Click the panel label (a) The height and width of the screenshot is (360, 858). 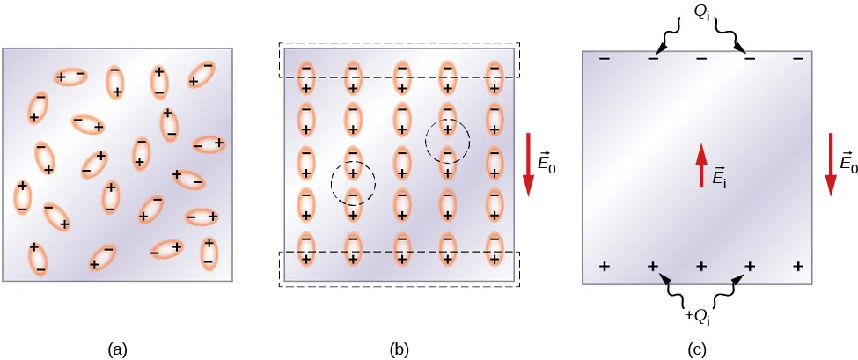coord(117,349)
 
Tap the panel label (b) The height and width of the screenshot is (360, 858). coord(400,349)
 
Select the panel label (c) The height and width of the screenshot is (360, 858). coord(698,349)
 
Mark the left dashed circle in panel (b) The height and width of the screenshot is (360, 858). coord(353,183)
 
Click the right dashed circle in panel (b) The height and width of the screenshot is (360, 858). coord(448,139)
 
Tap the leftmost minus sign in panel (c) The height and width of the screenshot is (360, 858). coord(605,59)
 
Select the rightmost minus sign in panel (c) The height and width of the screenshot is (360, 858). coord(797,59)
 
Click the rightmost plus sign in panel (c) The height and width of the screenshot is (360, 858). coord(798,266)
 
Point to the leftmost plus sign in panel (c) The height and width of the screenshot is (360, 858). coord(605,266)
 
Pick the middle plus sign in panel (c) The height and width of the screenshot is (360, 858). coord(701,266)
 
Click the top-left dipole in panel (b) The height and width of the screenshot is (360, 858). coord(305,77)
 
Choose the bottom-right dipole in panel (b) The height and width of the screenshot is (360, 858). coord(495,247)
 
